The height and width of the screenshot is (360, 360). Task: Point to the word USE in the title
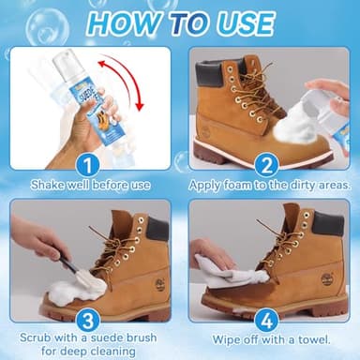click(x=240, y=21)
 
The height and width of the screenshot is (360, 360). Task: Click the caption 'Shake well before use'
click(x=91, y=185)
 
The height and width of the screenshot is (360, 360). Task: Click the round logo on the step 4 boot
click(x=326, y=278)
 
